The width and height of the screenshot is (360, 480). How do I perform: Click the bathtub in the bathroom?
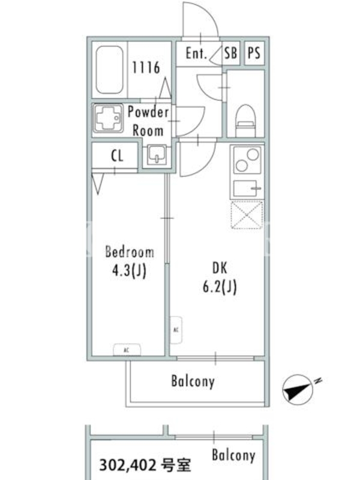point(109,70)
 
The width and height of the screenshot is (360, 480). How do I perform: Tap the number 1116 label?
point(146,67)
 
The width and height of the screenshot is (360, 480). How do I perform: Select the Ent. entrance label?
point(196,53)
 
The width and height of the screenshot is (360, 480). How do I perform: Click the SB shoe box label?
point(230,53)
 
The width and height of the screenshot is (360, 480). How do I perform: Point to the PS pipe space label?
point(254,53)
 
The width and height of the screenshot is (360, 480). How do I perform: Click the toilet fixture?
point(245,121)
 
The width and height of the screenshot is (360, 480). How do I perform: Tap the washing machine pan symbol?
point(108,118)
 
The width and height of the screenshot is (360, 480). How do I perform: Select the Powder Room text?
point(148,121)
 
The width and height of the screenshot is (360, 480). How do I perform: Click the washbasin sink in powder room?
point(157,155)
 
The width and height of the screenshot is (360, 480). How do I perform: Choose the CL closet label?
point(117,156)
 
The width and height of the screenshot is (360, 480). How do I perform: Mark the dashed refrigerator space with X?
point(247,215)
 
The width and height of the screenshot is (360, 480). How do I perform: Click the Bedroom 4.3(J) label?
point(130,261)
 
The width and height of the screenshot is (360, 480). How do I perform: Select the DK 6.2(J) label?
point(220,278)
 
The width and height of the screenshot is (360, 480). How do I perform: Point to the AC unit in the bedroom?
point(127,350)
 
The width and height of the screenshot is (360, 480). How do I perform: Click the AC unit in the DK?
point(176,330)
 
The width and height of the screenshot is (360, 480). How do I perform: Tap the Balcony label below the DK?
point(193,382)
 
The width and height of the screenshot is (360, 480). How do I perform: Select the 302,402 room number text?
point(145,466)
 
